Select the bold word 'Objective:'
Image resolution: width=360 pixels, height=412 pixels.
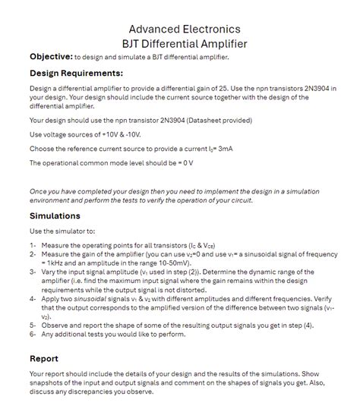coord(50,57)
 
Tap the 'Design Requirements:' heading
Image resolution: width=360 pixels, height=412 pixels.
coord(76,74)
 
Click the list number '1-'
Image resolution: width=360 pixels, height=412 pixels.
coord(34,246)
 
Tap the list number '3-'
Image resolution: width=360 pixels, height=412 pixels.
coord(34,271)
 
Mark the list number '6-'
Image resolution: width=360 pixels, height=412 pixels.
coord(34,334)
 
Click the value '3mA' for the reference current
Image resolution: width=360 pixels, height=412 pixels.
coord(224,149)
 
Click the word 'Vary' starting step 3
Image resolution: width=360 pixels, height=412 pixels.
coord(49,271)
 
